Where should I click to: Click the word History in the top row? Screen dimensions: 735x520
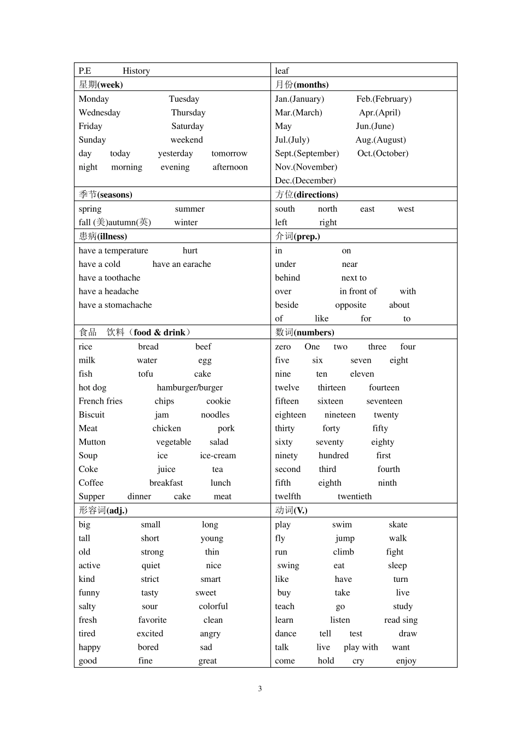(136, 71)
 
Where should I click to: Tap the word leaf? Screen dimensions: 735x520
(281, 71)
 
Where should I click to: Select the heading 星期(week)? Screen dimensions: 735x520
(101, 84)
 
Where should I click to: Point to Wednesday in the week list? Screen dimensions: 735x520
(99, 113)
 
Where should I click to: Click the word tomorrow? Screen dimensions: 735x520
(229, 154)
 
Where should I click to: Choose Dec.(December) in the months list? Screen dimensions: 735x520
(305, 180)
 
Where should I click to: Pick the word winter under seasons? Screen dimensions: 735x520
(186, 223)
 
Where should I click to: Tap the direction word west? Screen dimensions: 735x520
(406, 209)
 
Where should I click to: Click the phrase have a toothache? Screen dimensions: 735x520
(109, 278)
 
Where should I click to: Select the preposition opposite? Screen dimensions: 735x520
(350, 305)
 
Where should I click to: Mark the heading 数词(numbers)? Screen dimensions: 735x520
(304, 332)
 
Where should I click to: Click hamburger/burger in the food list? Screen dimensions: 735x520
(189, 388)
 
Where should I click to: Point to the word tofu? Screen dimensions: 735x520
(145, 374)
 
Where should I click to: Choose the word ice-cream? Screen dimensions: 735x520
(218, 456)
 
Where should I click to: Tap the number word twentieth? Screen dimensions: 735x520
(354, 497)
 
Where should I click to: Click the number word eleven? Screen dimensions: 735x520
(362, 374)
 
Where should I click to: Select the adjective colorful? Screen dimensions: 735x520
(213, 606)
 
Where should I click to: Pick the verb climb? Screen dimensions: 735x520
(343, 552)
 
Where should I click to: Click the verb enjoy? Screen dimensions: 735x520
(406, 661)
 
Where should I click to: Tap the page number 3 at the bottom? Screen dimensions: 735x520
(260, 689)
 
